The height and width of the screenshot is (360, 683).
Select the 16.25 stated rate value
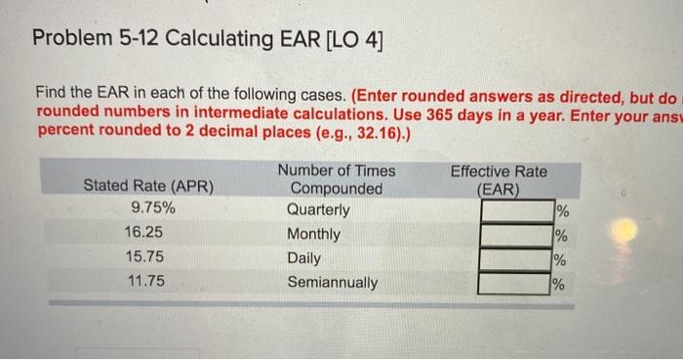[x=146, y=234]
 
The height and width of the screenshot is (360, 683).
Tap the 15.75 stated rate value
[x=146, y=259]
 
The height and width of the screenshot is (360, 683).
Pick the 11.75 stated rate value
[x=146, y=283]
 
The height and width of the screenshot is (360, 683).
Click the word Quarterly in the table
[x=318, y=210]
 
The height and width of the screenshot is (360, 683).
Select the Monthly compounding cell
[x=313, y=234]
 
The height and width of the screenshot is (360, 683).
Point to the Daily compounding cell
[x=303, y=259]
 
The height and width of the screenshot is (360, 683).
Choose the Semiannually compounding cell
[x=333, y=283]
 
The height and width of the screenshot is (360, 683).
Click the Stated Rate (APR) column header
[x=148, y=185]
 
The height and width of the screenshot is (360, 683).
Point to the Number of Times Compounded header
[x=337, y=180]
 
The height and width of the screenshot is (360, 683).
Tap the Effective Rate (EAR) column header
[x=499, y=180]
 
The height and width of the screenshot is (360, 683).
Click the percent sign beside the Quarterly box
[x=560, y=211]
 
